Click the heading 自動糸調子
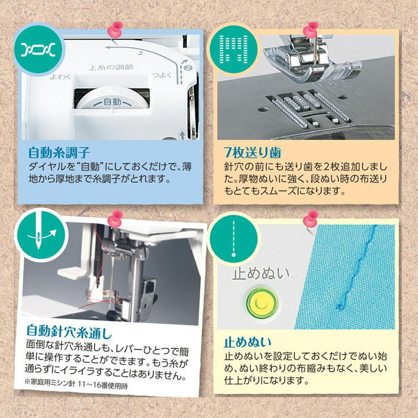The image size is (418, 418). point(59,153)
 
